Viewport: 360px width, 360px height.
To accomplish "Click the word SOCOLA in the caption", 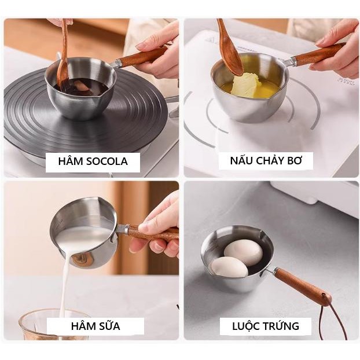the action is tap(107, 161).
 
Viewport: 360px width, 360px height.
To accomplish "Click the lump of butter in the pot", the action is tap(245, 85).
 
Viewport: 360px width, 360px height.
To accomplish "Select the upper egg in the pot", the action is tap(243, 252).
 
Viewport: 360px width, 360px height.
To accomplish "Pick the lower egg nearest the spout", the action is tap(230, 267).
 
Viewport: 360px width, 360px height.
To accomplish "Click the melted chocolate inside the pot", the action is tap(83, 87).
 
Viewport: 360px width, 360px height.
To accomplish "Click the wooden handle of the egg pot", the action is tap(303, 284).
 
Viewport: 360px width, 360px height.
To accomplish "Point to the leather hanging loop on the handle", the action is tap(330, 314).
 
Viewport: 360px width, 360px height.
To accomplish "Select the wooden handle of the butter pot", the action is tap(319, 54).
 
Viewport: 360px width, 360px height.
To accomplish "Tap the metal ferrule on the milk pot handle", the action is tap(123, 229).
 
